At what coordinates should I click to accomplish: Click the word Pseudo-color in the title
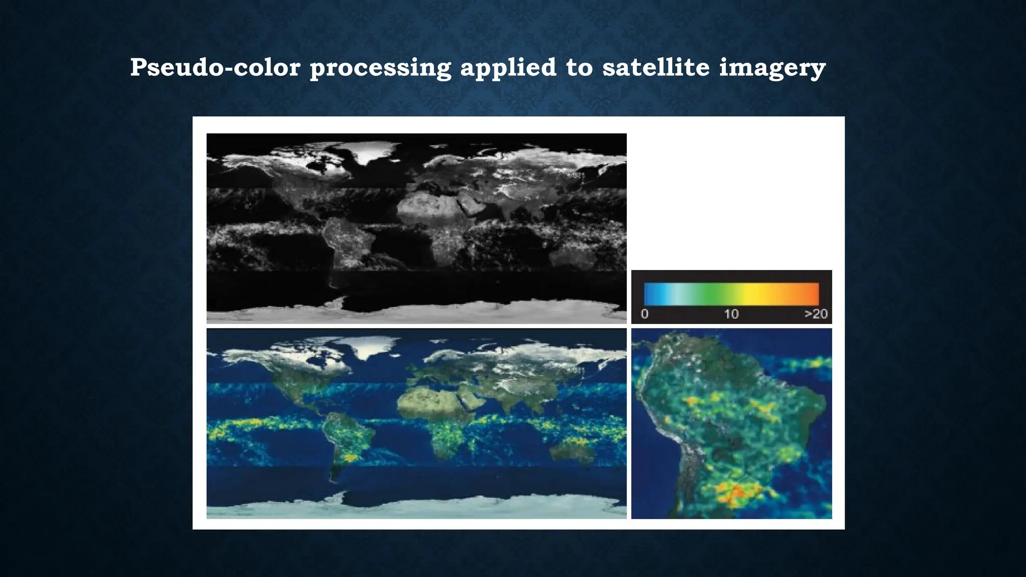214,68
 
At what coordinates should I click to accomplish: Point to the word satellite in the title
655,68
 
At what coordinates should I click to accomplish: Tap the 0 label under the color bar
644,314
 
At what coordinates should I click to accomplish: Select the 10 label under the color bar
731,314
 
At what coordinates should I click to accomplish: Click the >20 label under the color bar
816,314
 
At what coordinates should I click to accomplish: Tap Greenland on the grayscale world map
373,150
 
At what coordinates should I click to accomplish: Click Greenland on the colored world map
373,346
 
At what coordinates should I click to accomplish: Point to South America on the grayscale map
346,240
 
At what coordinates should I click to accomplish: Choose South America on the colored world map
346,436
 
